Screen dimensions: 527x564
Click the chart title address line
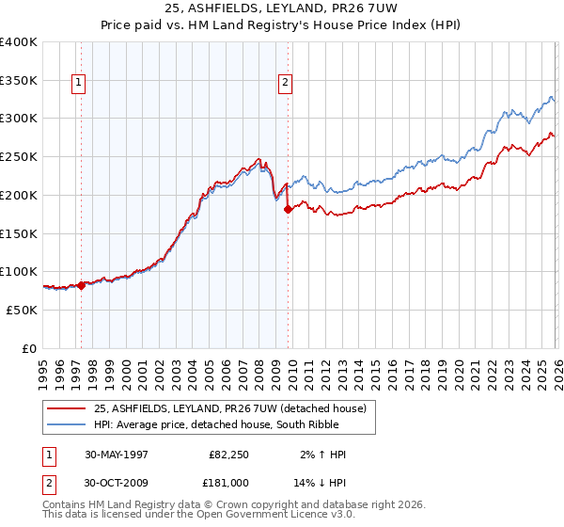point(282,8)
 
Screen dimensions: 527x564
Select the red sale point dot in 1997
point(81,285)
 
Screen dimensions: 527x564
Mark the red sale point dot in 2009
point(288,210)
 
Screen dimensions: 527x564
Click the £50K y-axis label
point(22,310)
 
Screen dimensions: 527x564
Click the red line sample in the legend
point(67,408)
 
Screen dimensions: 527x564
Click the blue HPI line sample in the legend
point(67,425)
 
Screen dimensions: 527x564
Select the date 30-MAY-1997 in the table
point(117,455)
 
